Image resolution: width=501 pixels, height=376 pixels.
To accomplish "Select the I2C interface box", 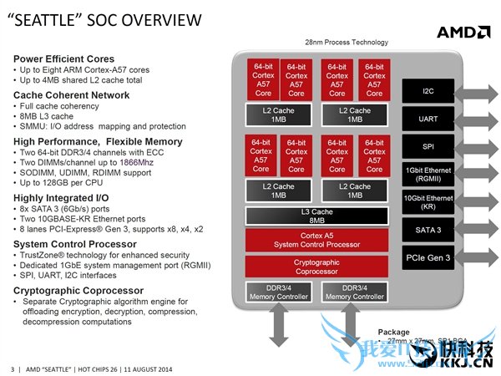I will pos(428,90).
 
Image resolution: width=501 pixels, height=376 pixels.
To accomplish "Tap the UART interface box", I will pos(428,119).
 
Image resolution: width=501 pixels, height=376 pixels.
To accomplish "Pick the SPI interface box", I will pos(428,146).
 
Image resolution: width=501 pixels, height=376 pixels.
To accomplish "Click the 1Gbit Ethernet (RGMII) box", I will pos(428,173).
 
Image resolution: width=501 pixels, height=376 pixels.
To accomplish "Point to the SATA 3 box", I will pos(428,229).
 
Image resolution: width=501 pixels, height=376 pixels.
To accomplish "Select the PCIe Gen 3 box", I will pos(428,257).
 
